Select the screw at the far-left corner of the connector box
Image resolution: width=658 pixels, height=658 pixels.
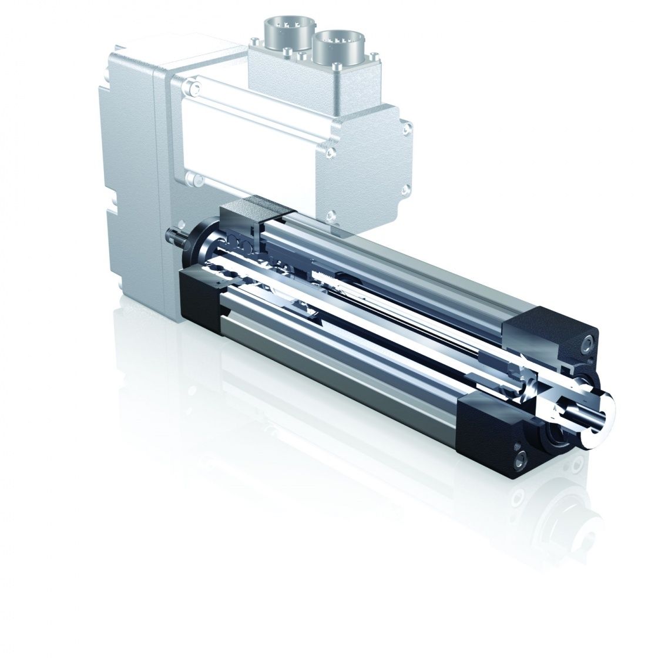(254, 41)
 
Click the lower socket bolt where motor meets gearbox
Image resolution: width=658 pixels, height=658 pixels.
(189, 177)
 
